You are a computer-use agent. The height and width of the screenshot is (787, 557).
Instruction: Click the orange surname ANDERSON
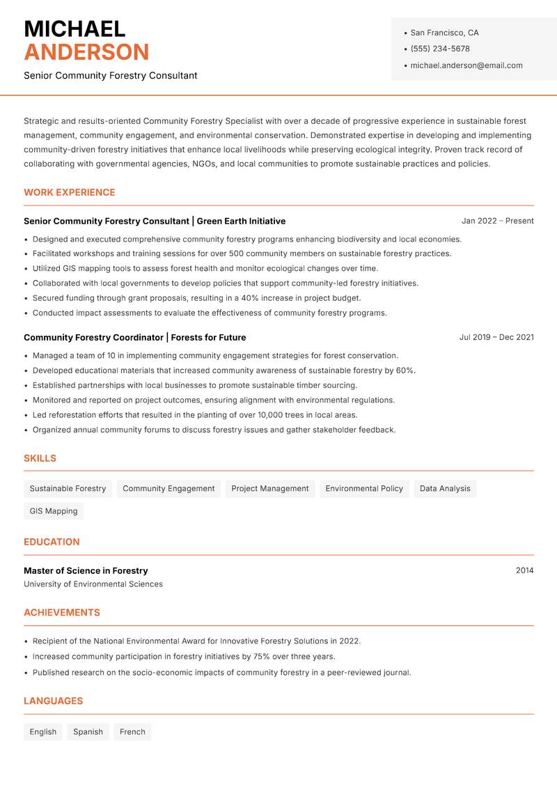click(x=86, y=52)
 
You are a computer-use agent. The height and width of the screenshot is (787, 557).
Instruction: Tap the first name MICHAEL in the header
click(x=74, y=29)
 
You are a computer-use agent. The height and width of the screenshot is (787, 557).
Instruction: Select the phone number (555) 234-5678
click(x=439, y=49)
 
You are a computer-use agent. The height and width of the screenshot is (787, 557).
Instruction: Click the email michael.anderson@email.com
click(x=466, y=65)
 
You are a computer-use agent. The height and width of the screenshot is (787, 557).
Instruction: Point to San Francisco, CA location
click(x=444, y=33)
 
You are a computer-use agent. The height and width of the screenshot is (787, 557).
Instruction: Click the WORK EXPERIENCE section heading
click(x=70, y=192)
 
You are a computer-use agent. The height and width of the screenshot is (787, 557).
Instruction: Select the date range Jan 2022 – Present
click(x=497, y=221)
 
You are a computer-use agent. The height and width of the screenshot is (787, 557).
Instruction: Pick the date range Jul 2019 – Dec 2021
click(x=496, y=337)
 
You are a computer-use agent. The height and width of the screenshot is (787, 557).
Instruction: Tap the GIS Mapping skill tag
click(x=54, y=511)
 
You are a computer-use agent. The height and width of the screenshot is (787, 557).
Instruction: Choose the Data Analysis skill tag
click(x=445, y=489)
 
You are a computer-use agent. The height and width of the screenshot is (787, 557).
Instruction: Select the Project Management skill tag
click(x=269, y=489)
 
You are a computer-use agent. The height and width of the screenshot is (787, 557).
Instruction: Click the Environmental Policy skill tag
click(x=364, y=489)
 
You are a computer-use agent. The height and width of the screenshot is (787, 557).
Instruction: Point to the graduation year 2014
click(x=524, y=570)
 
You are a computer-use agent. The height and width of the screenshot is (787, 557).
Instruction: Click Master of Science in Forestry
click(x=86, y=570)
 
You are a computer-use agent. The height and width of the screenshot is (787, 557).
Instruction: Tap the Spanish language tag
click(x=88, y=732)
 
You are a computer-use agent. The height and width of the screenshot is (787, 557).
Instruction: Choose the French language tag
click(x=132, y=732)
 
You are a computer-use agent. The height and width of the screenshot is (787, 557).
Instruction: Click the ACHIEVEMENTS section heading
click(x=62, y=613)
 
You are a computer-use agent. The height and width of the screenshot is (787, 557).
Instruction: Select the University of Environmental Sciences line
click(x=93, y=584)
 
